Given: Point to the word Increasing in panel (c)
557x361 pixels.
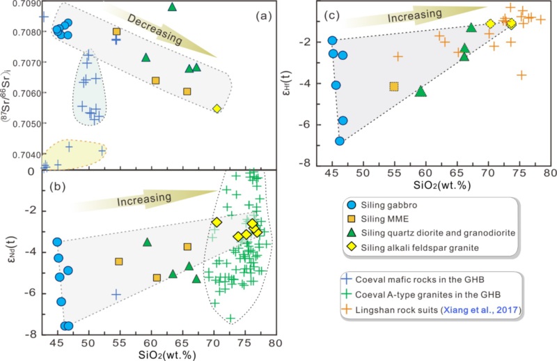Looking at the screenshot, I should click(415, 13).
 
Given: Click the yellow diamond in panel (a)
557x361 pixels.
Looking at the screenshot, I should click(217, 109).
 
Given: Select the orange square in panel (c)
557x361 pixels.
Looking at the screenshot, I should click(394, 86).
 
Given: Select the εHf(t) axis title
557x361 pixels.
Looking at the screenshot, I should click(295, 84).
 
